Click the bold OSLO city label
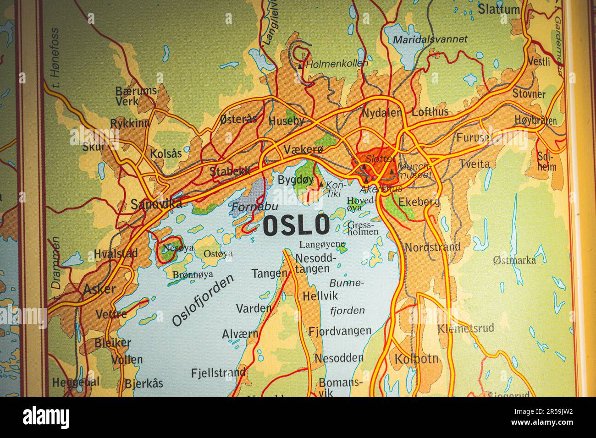297,225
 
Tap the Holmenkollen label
337,64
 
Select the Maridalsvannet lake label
430,39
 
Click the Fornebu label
248,207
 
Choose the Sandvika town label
156,204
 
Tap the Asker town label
99,289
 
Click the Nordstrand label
432,247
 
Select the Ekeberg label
419,202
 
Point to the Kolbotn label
416,358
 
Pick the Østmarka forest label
514,261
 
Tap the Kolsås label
166,153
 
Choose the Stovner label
529,94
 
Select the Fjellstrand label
218,373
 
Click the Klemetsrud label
465,328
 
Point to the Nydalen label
382,113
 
